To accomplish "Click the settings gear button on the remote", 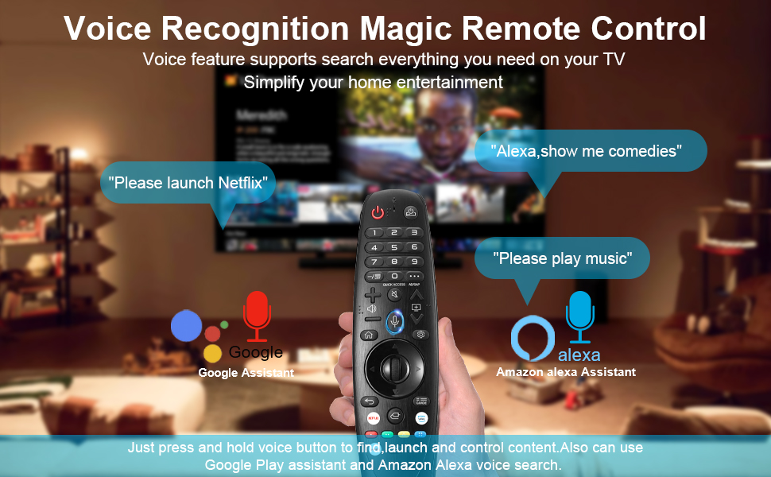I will pyautogui.click(x=420, y=335).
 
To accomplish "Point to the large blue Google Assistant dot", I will pyautogui.click(x=187, y=325).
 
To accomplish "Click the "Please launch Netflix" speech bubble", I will pyautogui.click(x=188, y=183).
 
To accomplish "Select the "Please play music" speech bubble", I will pyautogui.click(x=562, y=258).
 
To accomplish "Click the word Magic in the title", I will pyautogui.click(x=407, y=29).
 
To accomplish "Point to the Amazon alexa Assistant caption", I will pyautogui.click(x=565, y=372).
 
